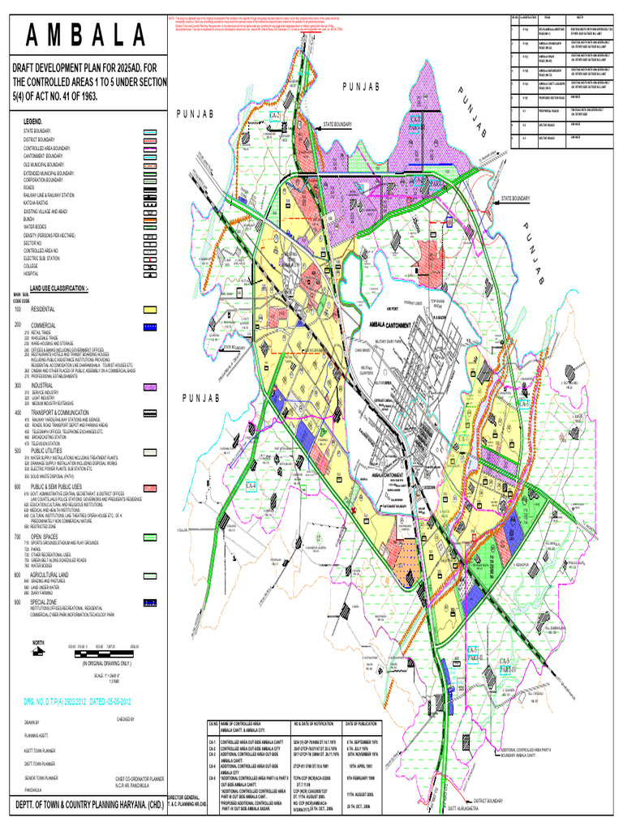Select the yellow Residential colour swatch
pyautogui.click(x=149, y=310)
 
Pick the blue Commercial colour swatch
pyautogui.click(x=149, y=327)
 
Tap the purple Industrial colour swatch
pyautogui.click(x=149, y=387)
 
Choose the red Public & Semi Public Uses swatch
pyautogui.click(x=149, y=487)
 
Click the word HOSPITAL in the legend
pyautogui.click(x=37, y=274)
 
